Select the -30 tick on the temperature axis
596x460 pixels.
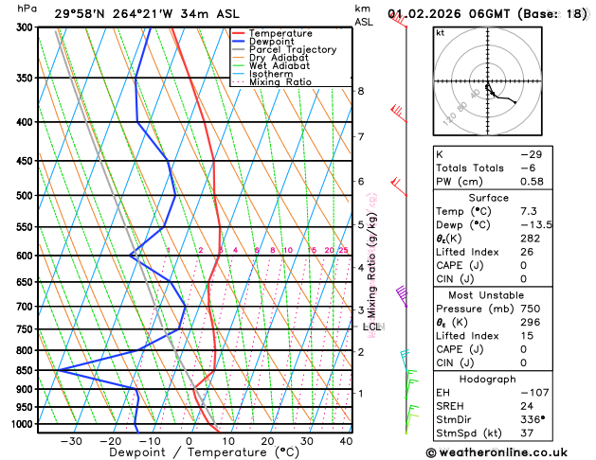pyautogui.click(x=70, y=442)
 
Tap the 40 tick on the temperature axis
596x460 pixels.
pyautogui.click(x=345, y=442)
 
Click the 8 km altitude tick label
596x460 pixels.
pyautogui.click(x=360, y=91)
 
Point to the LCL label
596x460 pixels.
pyautogui.click(x=371, y=327)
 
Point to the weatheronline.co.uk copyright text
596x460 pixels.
pyautogui.click(x=509, y=453)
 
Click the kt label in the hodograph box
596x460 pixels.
pyautogui.click(x=440, y=32)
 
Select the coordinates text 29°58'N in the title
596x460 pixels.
pyautogui.click(x=81, y=13)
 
